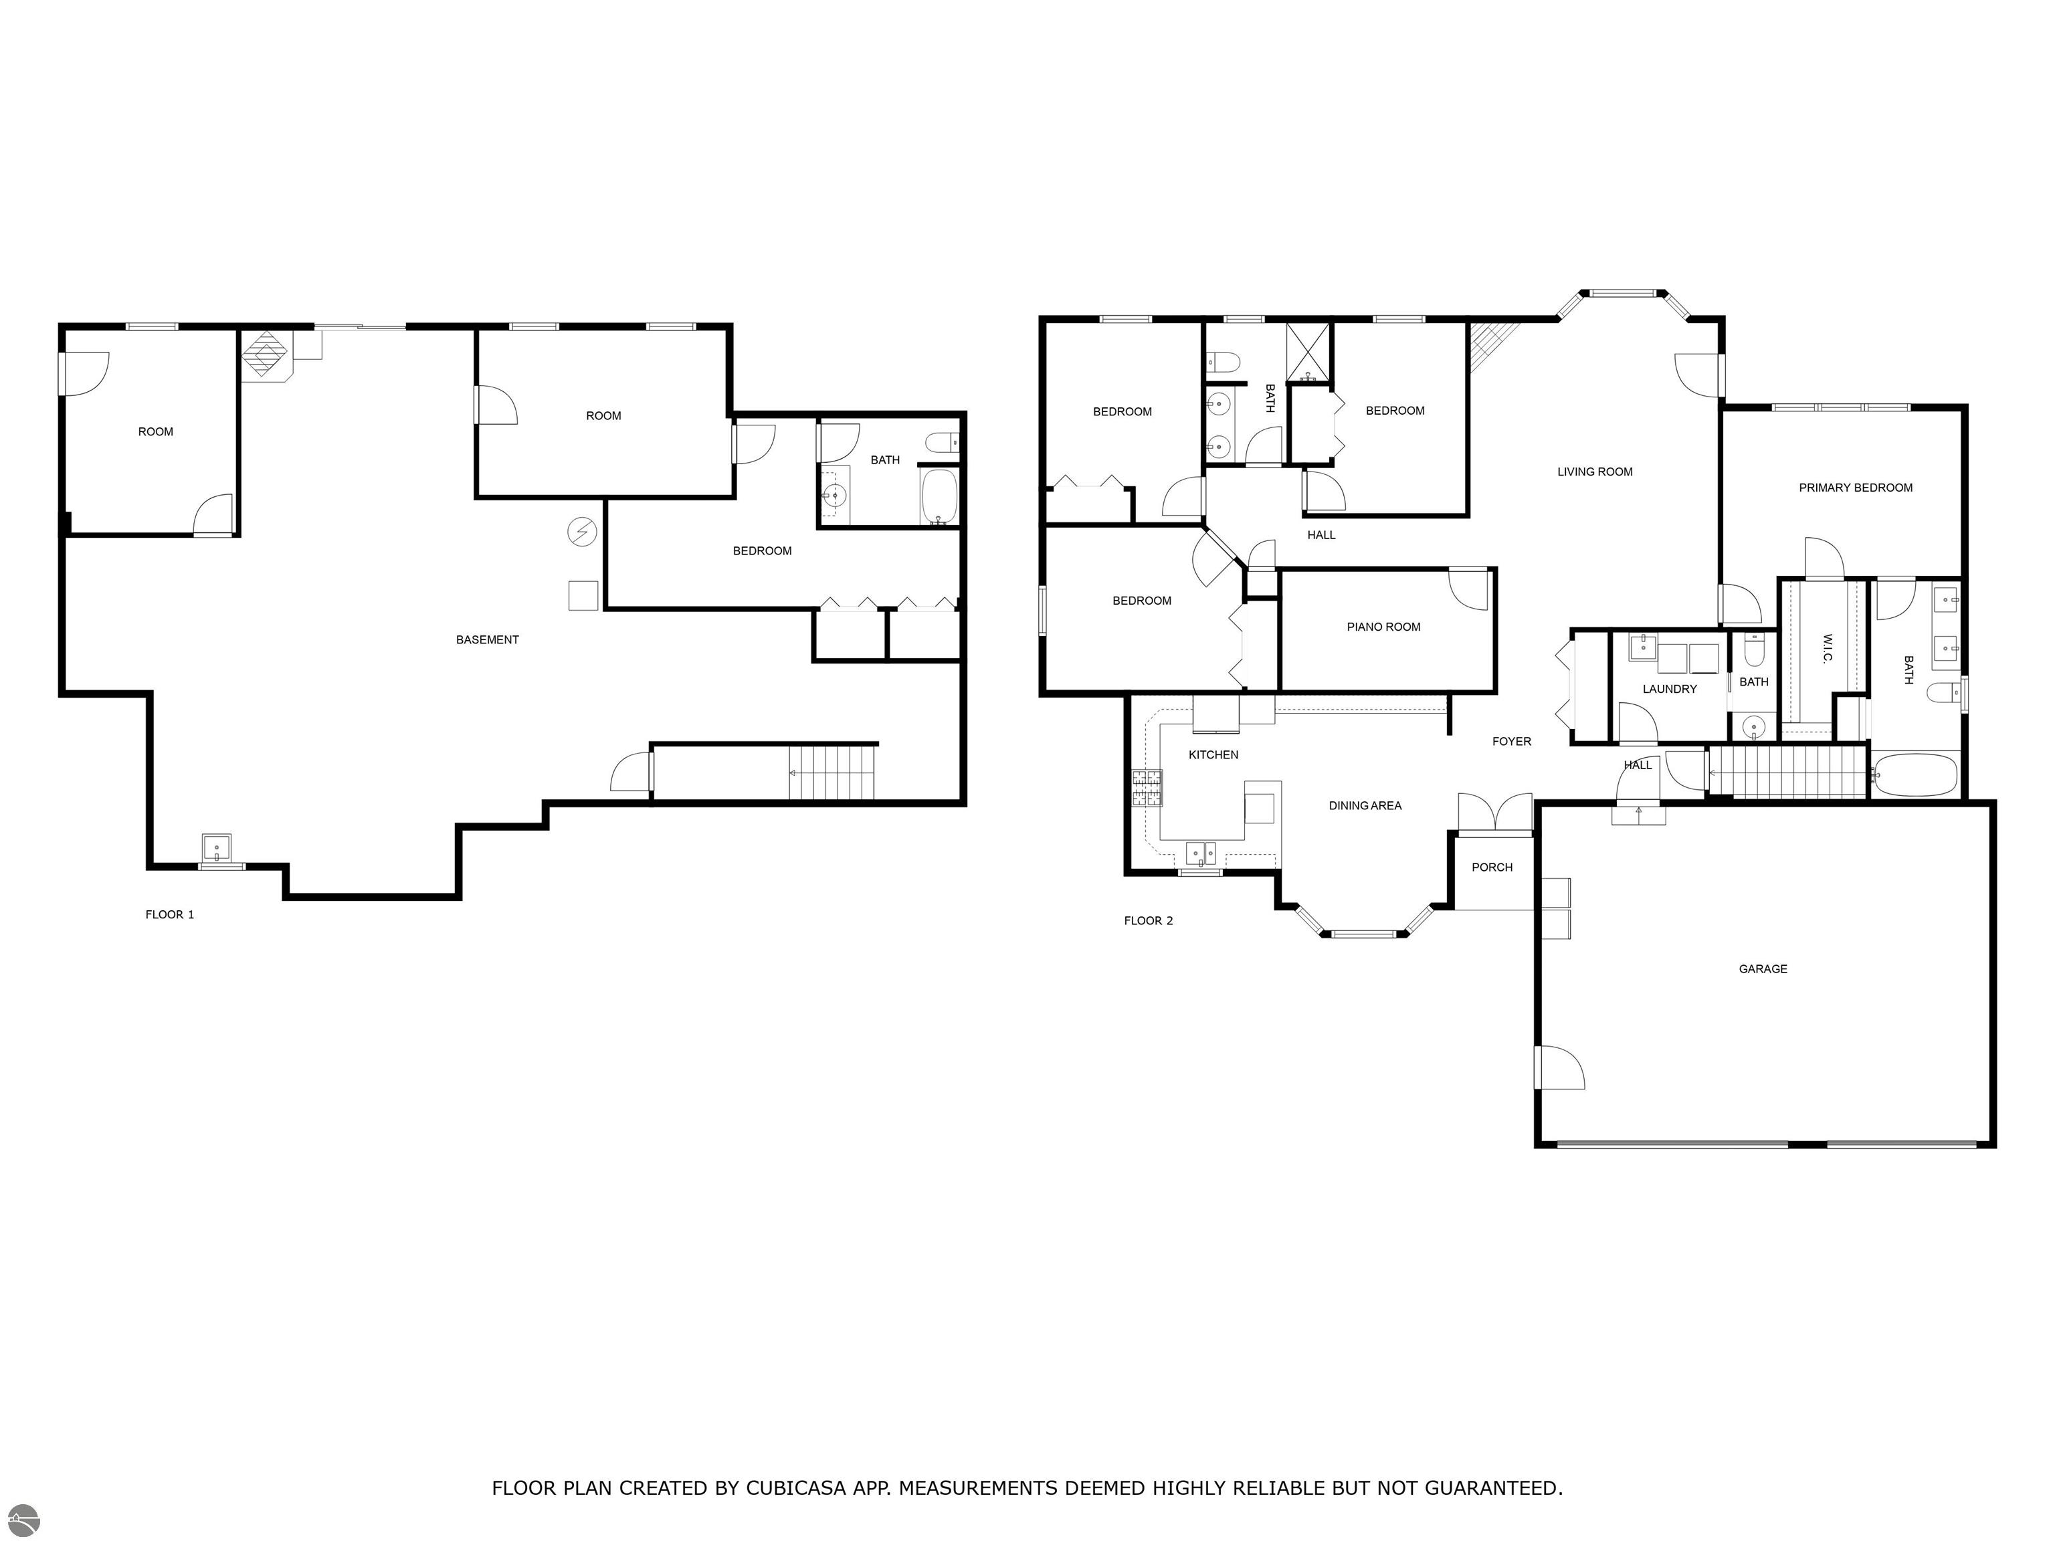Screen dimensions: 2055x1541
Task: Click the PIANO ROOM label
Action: click(1383, 627)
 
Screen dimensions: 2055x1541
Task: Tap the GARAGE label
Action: click(1763, 969)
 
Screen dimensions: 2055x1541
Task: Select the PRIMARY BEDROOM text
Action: click(1855, 488)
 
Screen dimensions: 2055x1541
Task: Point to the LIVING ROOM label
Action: click(1594, 472)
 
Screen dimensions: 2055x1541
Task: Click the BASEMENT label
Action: click(487, 640)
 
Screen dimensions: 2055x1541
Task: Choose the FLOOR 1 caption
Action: click(170, 915)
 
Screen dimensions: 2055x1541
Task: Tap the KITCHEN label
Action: click(1213, 755)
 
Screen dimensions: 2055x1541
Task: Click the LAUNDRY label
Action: click(1670, 689)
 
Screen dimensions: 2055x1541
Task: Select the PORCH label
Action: click(1492, 867)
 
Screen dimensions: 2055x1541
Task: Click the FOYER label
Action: click(1512, 741)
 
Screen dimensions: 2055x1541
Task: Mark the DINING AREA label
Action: click(1365, 806)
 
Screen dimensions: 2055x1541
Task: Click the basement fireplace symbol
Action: click(268, 355)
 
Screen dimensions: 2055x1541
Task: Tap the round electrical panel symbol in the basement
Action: click(581, 532)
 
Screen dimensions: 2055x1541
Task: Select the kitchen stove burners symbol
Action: click(1147, 788)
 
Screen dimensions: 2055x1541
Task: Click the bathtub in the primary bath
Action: click(1915, 775)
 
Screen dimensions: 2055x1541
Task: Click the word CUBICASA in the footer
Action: click(796, 1488)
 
